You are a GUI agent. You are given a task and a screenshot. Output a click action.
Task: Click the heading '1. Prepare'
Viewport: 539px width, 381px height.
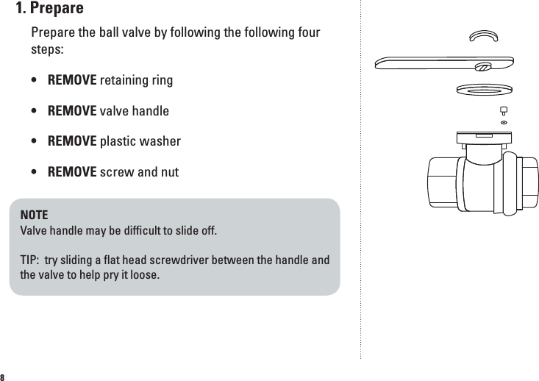(x=50, y=10)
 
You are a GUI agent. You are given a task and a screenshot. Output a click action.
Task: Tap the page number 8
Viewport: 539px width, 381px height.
(x=4, y=376)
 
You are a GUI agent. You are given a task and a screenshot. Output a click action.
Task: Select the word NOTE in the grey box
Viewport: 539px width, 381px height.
(x=34, y=216)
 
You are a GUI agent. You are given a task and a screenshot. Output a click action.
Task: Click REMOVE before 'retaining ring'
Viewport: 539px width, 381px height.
(x=72, y=79)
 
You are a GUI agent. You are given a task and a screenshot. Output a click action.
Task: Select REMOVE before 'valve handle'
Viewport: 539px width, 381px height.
(x=72, y=111)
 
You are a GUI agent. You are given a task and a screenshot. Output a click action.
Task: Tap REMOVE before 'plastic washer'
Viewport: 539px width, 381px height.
(x=72, y=141)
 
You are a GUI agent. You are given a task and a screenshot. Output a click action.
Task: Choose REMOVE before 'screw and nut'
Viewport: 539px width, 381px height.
(x=72, y=173)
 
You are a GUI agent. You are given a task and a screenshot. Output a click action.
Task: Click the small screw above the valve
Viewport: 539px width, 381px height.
(x=504, y=111)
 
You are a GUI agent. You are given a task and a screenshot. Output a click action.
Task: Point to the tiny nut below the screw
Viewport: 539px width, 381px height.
(x=504, y=122)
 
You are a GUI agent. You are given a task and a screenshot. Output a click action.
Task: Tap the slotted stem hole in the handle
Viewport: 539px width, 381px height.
(x=483, y=67)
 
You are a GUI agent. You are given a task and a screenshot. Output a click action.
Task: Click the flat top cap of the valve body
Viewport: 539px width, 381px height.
(x=483, y=137)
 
